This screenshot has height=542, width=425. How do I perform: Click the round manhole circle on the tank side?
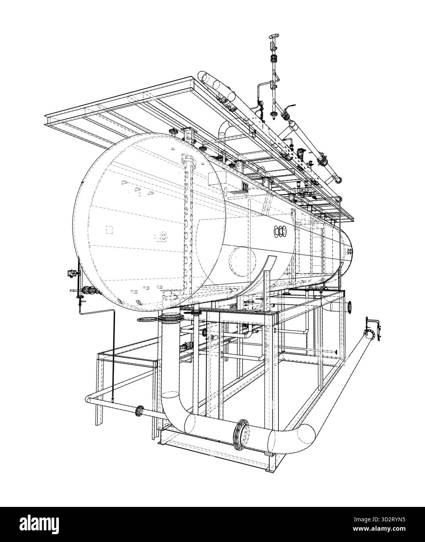coord(243,262)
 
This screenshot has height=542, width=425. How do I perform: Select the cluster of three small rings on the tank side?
coord(280,231)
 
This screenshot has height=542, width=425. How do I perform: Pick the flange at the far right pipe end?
coord(369,335)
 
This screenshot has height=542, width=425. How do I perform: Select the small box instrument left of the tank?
coord(71,274)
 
